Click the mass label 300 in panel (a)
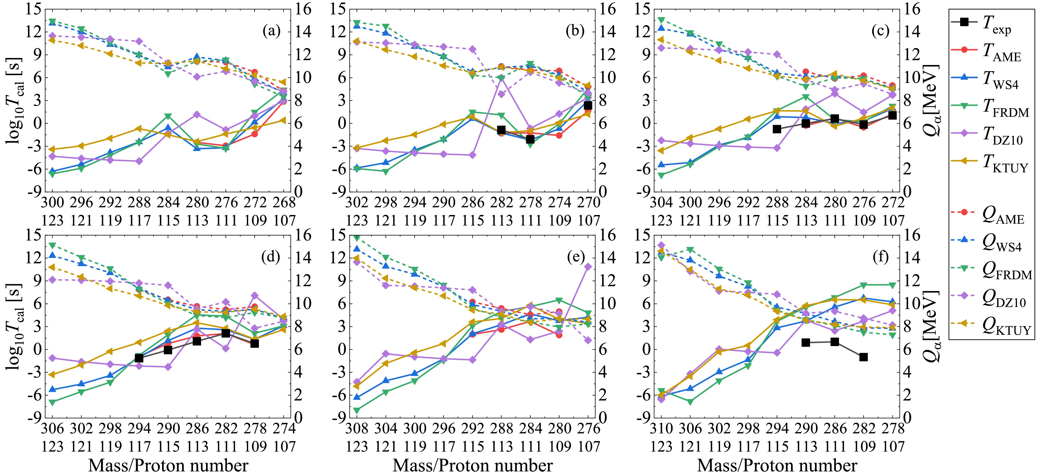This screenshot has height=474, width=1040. click(x=53, y=203)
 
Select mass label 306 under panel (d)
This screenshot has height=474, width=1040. click(x=53, y=428)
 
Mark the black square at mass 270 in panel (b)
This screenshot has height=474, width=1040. click(x=588, y=106)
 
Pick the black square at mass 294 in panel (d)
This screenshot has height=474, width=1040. click(x=139, y=358)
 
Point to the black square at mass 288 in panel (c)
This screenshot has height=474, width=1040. click(x=777, y=129)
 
